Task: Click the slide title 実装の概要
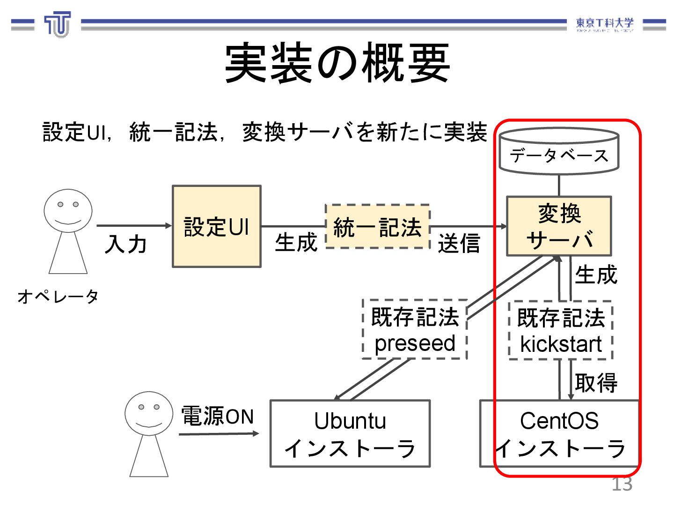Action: (337, 63)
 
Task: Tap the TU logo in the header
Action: (58, 24)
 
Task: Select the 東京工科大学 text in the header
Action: (604, 23)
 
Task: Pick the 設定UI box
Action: (216, 226)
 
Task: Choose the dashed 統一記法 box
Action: (377, 227)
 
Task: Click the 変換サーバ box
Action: (559, 226)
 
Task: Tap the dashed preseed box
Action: (415, 329)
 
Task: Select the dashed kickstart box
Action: (561, 331)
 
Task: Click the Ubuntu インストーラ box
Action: (350, 433)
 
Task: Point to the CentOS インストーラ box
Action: (559, 433)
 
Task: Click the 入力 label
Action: (126, 244)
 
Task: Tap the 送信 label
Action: (459, 244)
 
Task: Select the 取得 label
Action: (596, 382)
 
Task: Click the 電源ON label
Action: (218, 416)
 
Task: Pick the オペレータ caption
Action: (58, 296)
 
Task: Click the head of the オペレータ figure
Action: (68, 210)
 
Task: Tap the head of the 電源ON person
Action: (149, 413)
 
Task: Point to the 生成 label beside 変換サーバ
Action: (596, 275)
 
